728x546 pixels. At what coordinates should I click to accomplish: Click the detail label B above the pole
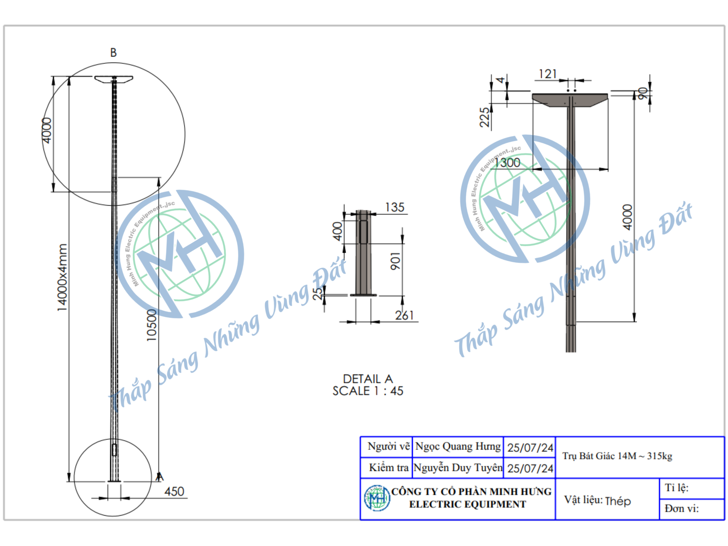113,53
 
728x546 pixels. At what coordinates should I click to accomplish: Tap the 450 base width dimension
174,491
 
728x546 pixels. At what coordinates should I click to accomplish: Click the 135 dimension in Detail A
395,207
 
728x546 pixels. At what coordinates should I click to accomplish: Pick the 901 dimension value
395,261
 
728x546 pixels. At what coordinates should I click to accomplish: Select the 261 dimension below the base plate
404,315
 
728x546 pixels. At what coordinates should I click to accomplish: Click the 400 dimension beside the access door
338,231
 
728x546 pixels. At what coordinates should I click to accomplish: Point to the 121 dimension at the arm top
548,74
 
